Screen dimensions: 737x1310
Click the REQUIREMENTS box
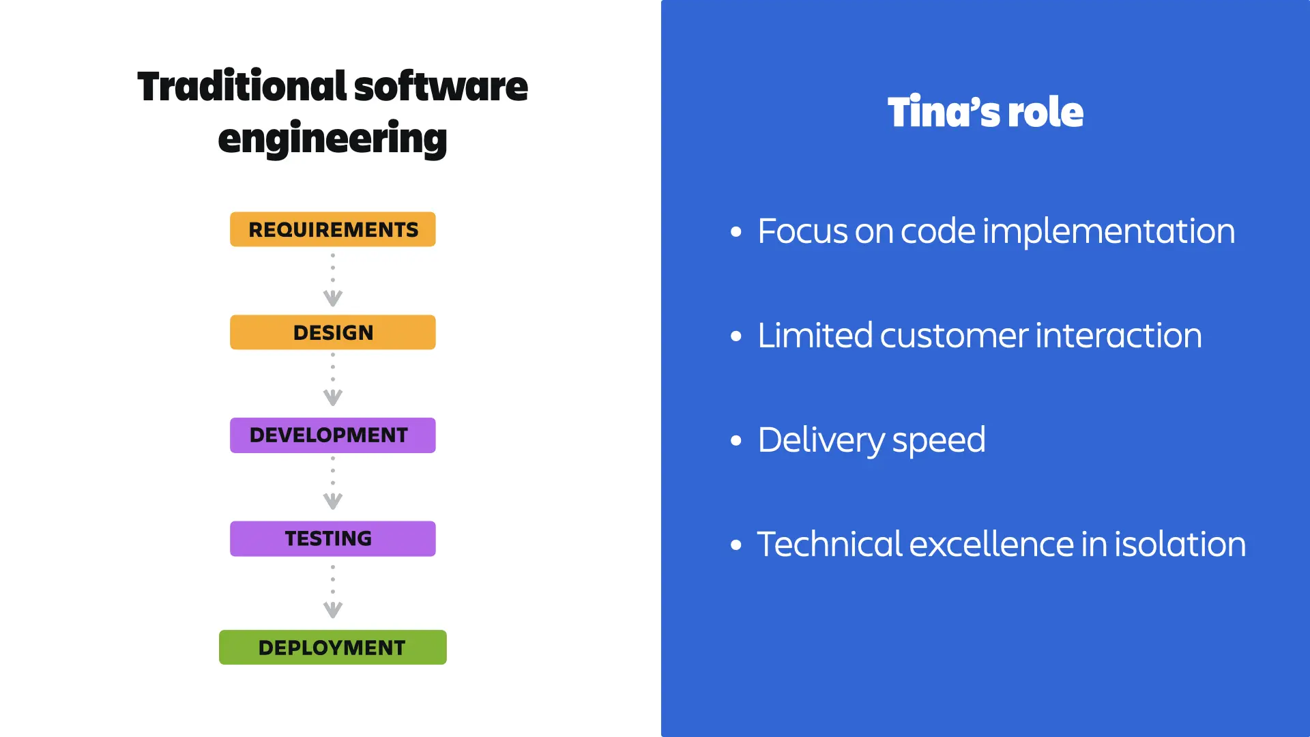[333, 229]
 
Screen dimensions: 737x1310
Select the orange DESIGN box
[333, 332]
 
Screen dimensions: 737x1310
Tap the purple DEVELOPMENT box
[333, 435]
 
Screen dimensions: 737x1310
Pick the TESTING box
[333, 538]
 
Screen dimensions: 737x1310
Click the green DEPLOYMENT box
[333, 647]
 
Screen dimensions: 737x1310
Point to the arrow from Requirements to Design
[333, 280]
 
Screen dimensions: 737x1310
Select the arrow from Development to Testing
[333, 485]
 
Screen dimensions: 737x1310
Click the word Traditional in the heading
[242, 87]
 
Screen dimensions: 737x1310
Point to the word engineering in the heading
[332, 139]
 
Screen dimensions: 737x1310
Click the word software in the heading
[441, 87]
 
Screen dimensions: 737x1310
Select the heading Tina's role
[985, 112]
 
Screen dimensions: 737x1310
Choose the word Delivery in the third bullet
[821, 440]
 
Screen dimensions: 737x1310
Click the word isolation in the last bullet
[1180, 545]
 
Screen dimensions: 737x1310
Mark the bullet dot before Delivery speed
[736, 441]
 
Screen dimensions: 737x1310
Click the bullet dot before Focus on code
[736, 232]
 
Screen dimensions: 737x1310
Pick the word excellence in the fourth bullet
[991, 545]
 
